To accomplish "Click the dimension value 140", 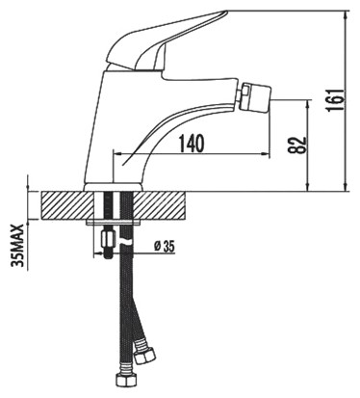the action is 192,144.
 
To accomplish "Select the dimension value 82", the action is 297,146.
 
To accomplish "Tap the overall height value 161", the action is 335,99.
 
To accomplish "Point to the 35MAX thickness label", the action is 17,246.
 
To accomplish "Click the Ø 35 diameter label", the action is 164,247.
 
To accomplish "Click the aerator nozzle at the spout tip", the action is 255,96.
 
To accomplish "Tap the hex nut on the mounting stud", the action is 106,239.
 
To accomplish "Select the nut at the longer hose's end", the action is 124,380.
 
